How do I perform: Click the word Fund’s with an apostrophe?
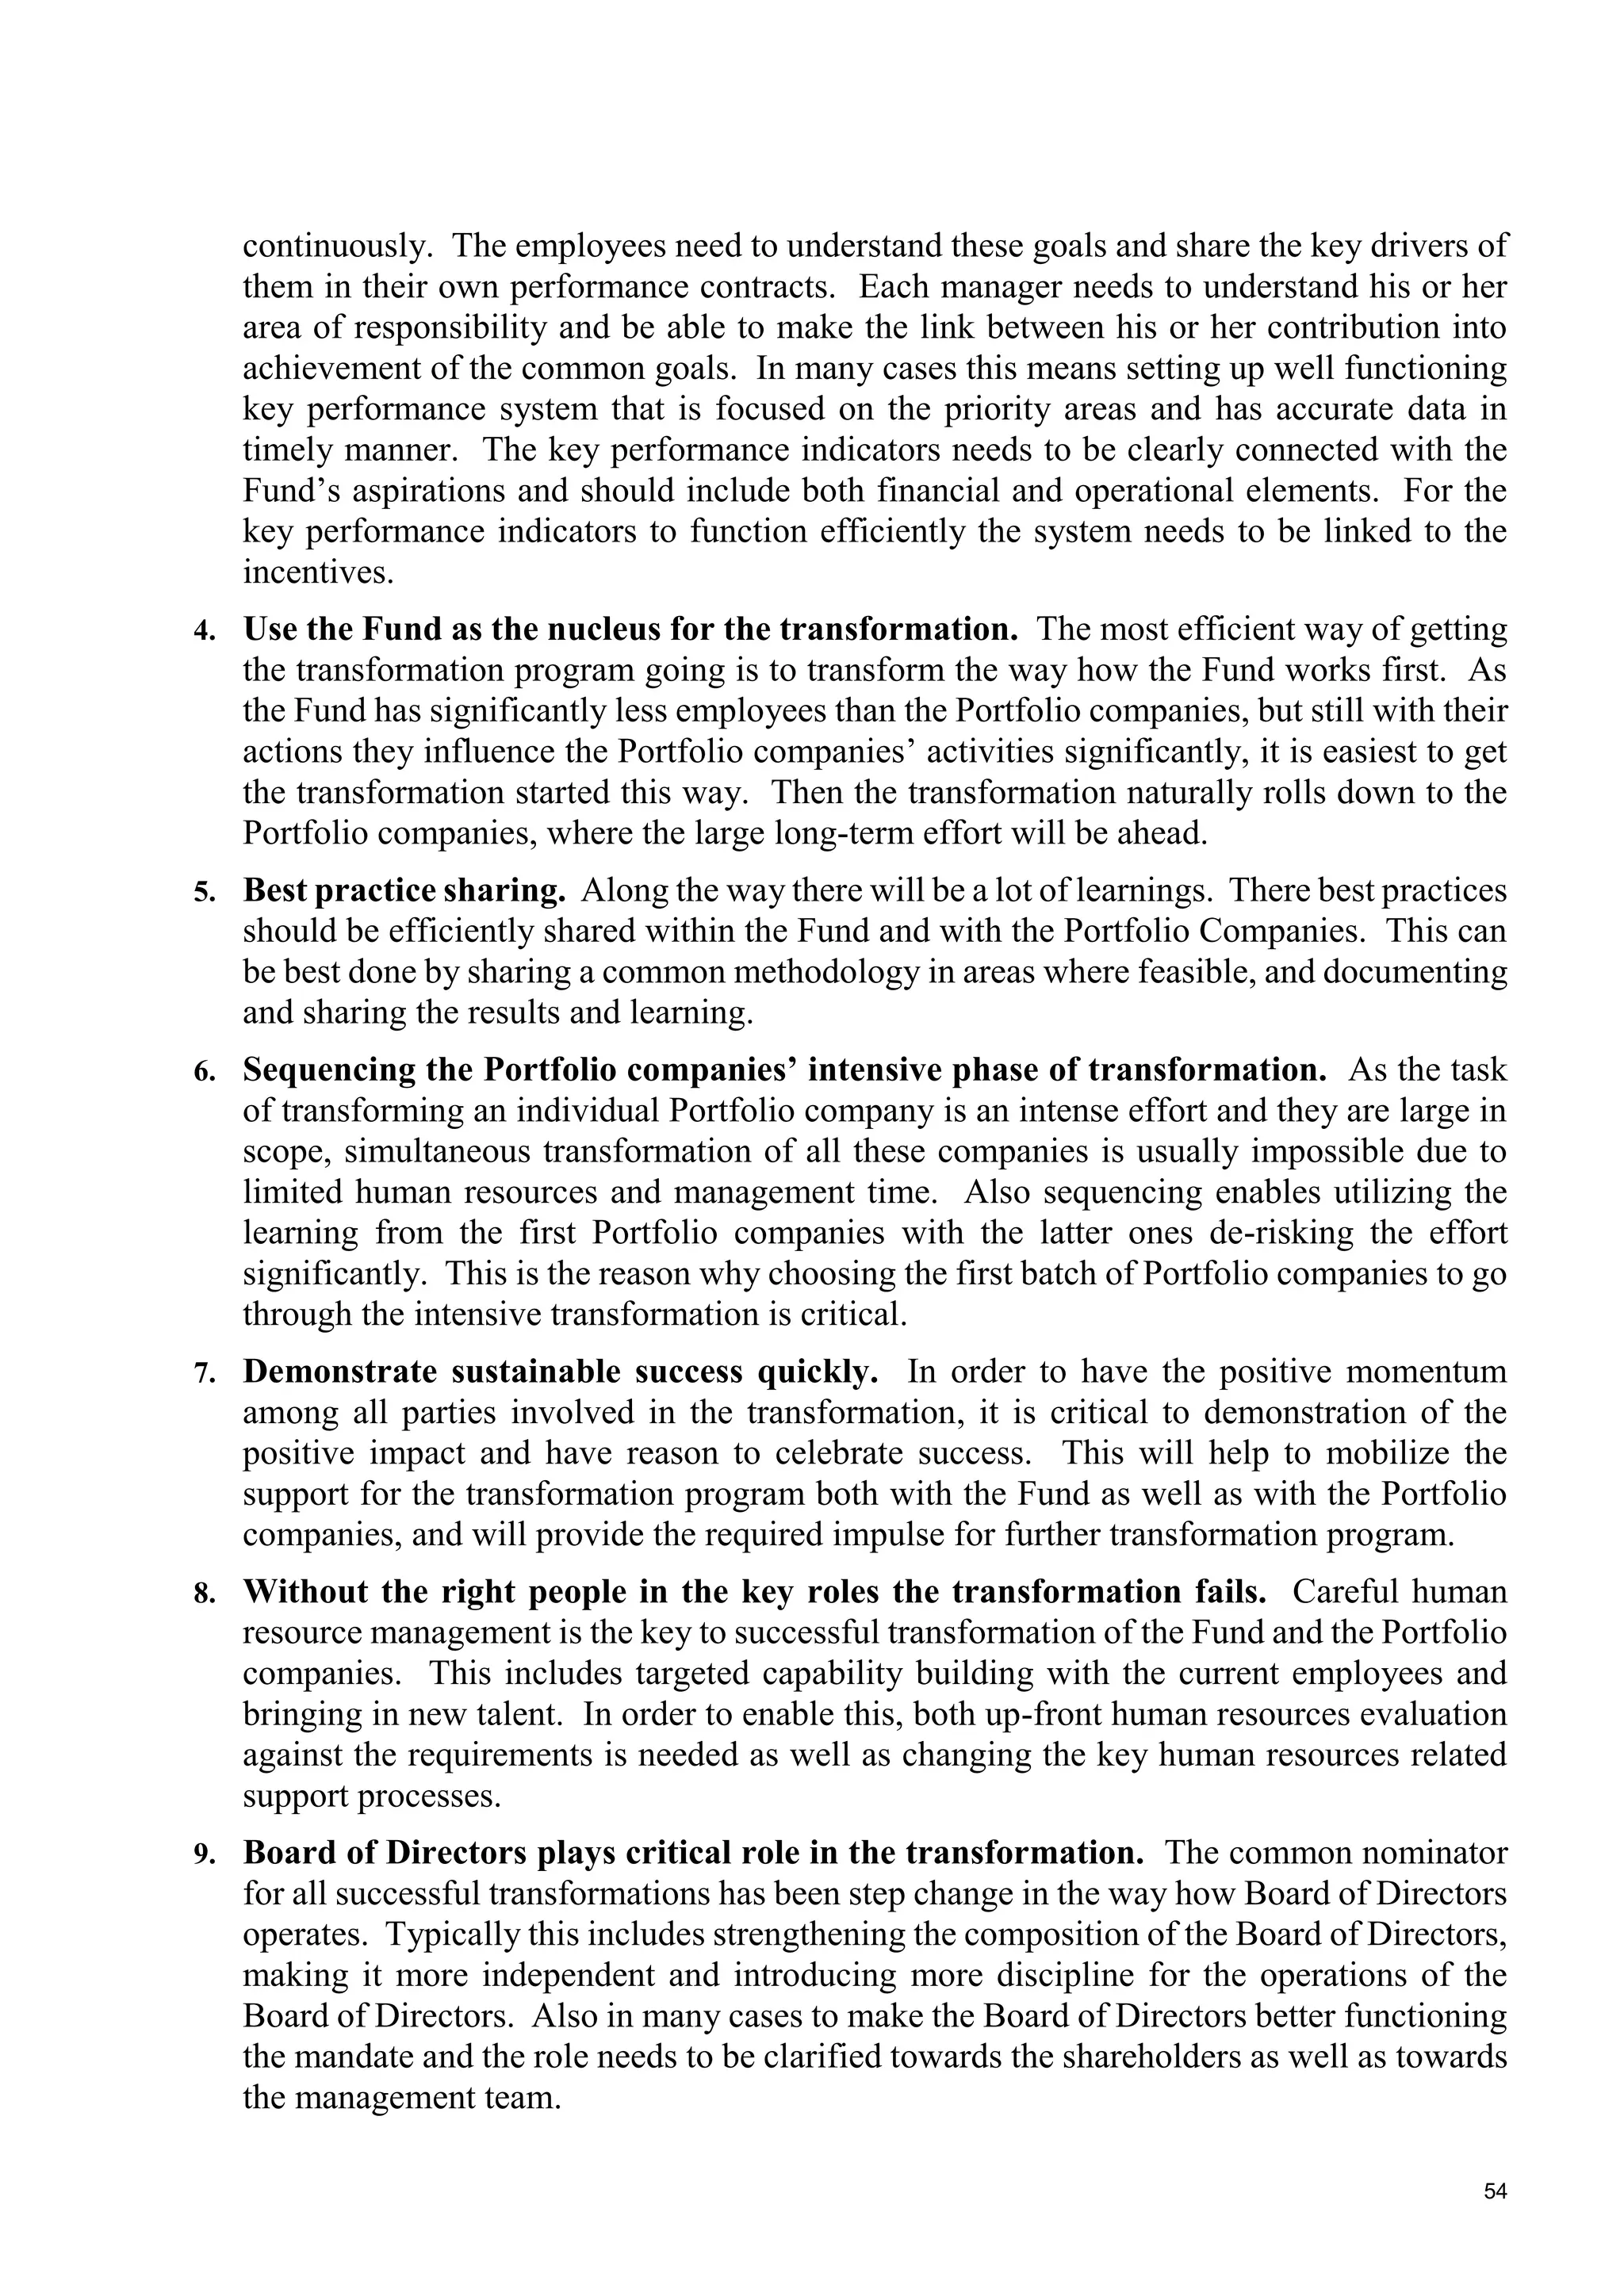[288, 491]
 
